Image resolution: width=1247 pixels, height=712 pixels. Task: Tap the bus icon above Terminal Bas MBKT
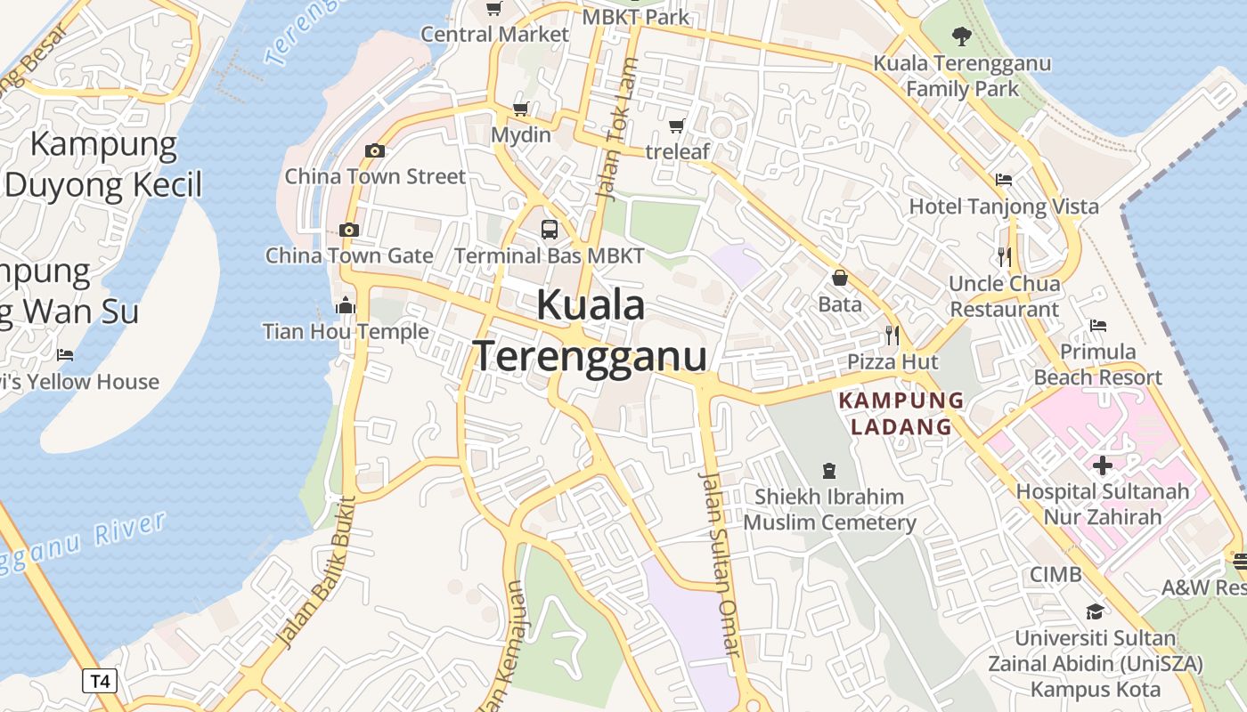[550, 230]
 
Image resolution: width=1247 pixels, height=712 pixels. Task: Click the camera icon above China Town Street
[375, 150]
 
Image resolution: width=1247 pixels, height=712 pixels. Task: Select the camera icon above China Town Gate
[349, 230]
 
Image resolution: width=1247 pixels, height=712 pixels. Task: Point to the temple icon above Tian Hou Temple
[346, 306]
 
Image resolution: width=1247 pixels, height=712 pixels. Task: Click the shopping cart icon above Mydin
[521, 109]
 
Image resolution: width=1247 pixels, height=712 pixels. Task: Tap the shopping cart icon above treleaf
[677, 125]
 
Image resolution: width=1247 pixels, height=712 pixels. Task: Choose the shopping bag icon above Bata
[839, 279]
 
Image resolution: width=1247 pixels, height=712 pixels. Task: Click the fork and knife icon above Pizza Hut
[892, 336]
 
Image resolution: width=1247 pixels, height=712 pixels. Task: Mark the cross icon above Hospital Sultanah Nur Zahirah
[1103, 465]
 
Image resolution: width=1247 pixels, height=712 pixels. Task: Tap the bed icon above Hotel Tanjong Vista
[1004, 180]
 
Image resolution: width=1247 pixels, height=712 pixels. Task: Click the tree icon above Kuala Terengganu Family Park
[961, 36]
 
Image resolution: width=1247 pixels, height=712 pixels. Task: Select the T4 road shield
[100, 682]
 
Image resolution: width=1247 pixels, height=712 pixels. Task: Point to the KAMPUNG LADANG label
[901, 413]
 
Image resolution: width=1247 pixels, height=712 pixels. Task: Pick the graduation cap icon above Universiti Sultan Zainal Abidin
[1095, 611]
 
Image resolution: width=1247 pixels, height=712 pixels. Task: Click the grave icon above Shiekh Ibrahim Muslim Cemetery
[829, 470]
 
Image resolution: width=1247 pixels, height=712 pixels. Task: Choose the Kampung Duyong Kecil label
[104, 164]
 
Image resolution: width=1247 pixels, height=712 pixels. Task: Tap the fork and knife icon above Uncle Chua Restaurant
[1005, 257]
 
